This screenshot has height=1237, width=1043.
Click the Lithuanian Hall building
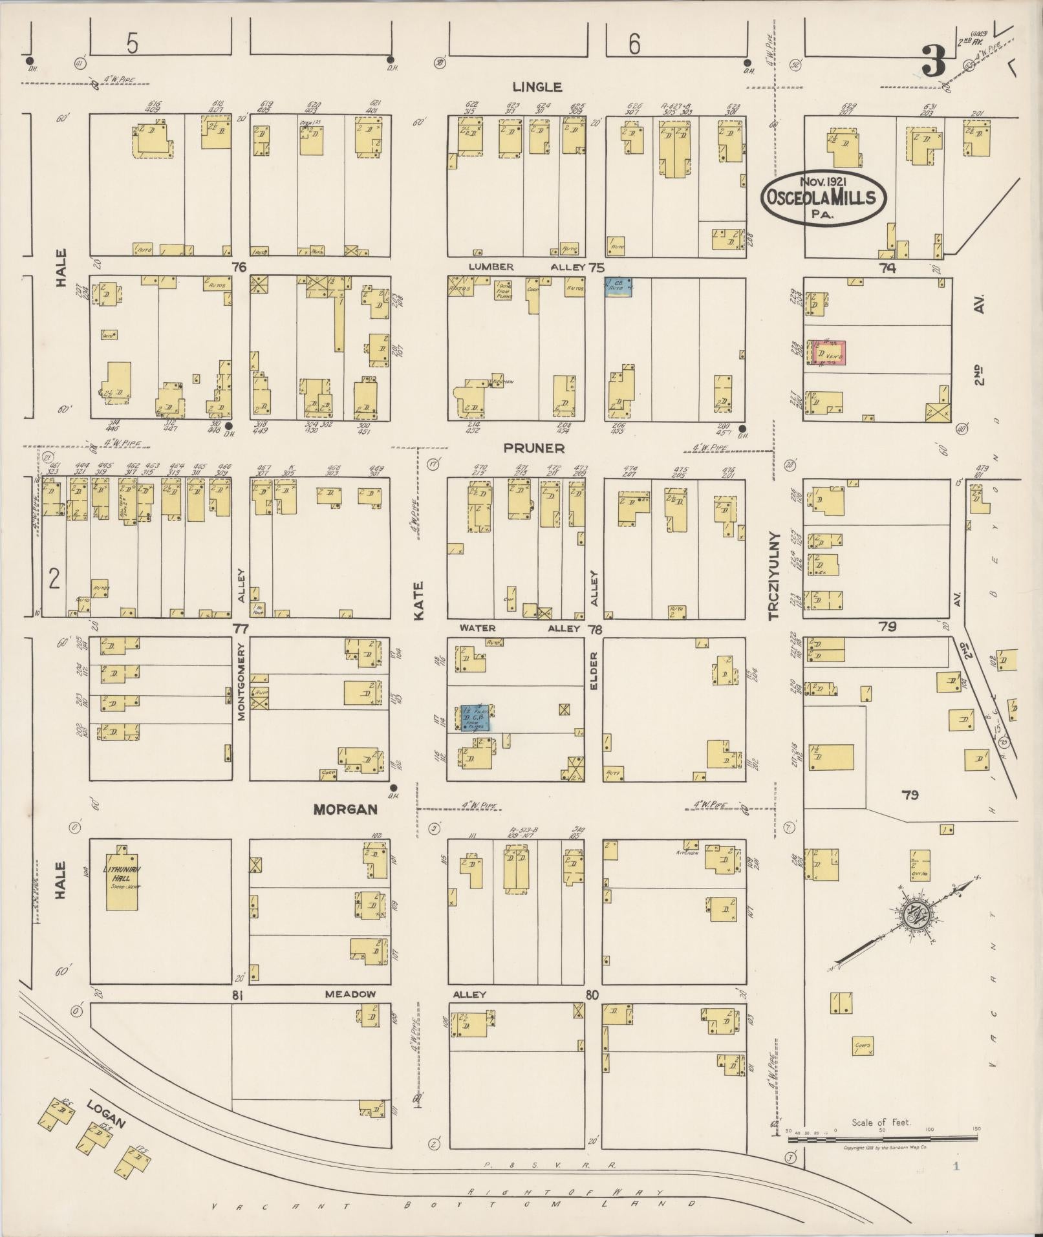122,877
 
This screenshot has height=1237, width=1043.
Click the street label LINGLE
537,87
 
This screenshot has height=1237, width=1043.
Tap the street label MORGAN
345,809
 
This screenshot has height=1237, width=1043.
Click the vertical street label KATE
418,601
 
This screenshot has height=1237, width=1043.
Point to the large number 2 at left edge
54,578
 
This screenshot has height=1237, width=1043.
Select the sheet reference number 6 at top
634,45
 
